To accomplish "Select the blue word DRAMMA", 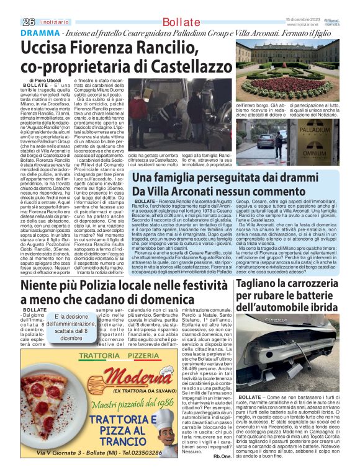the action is click(x=38, y=33).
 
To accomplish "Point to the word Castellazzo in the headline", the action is click(x=184, y=64).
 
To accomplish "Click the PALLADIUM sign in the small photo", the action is click(x=317, y=130).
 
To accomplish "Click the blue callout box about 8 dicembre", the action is click(x=67, y=326).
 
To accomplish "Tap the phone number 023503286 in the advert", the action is click(x=144, y=453).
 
